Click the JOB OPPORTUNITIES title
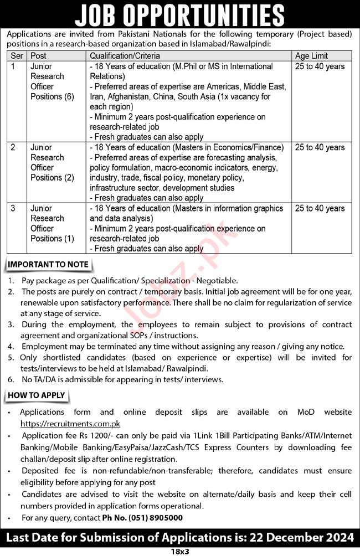(x=180, y=15)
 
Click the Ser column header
(x=18, y=56)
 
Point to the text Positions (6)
(x=53, y=96)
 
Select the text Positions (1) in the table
(x=53, y=239)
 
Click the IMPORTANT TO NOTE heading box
(x=48, y=264)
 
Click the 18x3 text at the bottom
(x=179, y=552)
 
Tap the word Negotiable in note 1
(x=218, y=281)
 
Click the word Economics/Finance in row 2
(x=249, y=148)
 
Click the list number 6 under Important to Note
(x=11, y=379)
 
